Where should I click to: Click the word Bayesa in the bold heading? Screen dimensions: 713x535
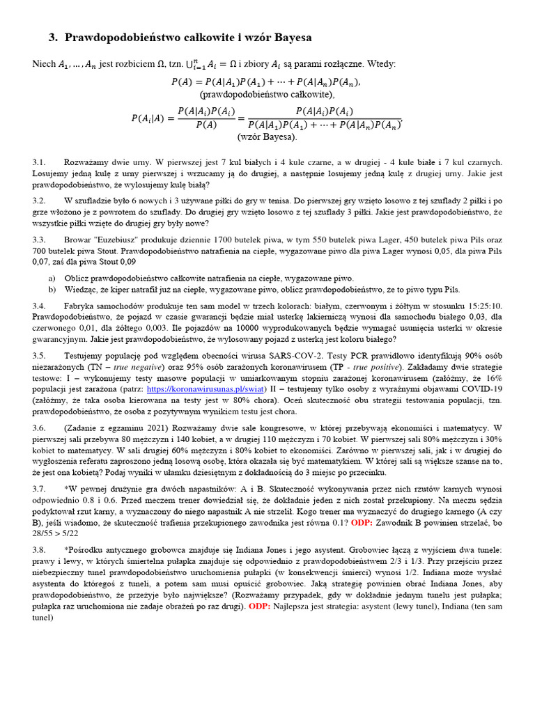point(286,37)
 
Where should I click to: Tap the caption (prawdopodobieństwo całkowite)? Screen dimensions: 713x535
point(267,94)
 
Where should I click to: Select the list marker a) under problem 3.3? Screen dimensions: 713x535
point(52,278)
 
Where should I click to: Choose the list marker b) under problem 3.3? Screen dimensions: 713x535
point(52,289)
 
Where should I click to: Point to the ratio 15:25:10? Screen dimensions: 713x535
point(477,306)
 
